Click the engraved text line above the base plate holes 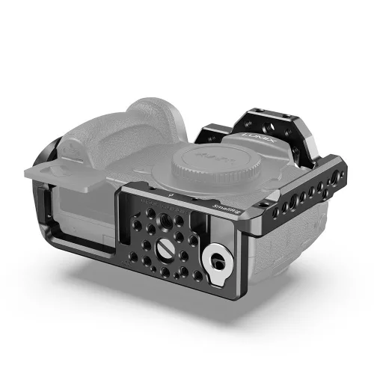pyautogui.click(x=157, y=203)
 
